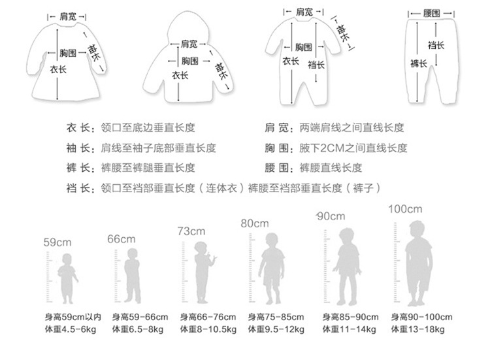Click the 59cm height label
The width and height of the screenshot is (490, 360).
57,243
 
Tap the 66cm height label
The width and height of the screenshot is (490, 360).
122,239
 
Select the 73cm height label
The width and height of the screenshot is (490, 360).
191,231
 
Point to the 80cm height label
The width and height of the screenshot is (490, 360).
255,223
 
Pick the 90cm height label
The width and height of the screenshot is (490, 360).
331,216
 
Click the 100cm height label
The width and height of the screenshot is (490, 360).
406,209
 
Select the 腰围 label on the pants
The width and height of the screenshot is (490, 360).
431,13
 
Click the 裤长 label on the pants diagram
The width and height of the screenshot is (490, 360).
418,63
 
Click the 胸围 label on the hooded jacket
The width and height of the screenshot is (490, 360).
189,60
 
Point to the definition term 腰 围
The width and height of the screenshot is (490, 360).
277,167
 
